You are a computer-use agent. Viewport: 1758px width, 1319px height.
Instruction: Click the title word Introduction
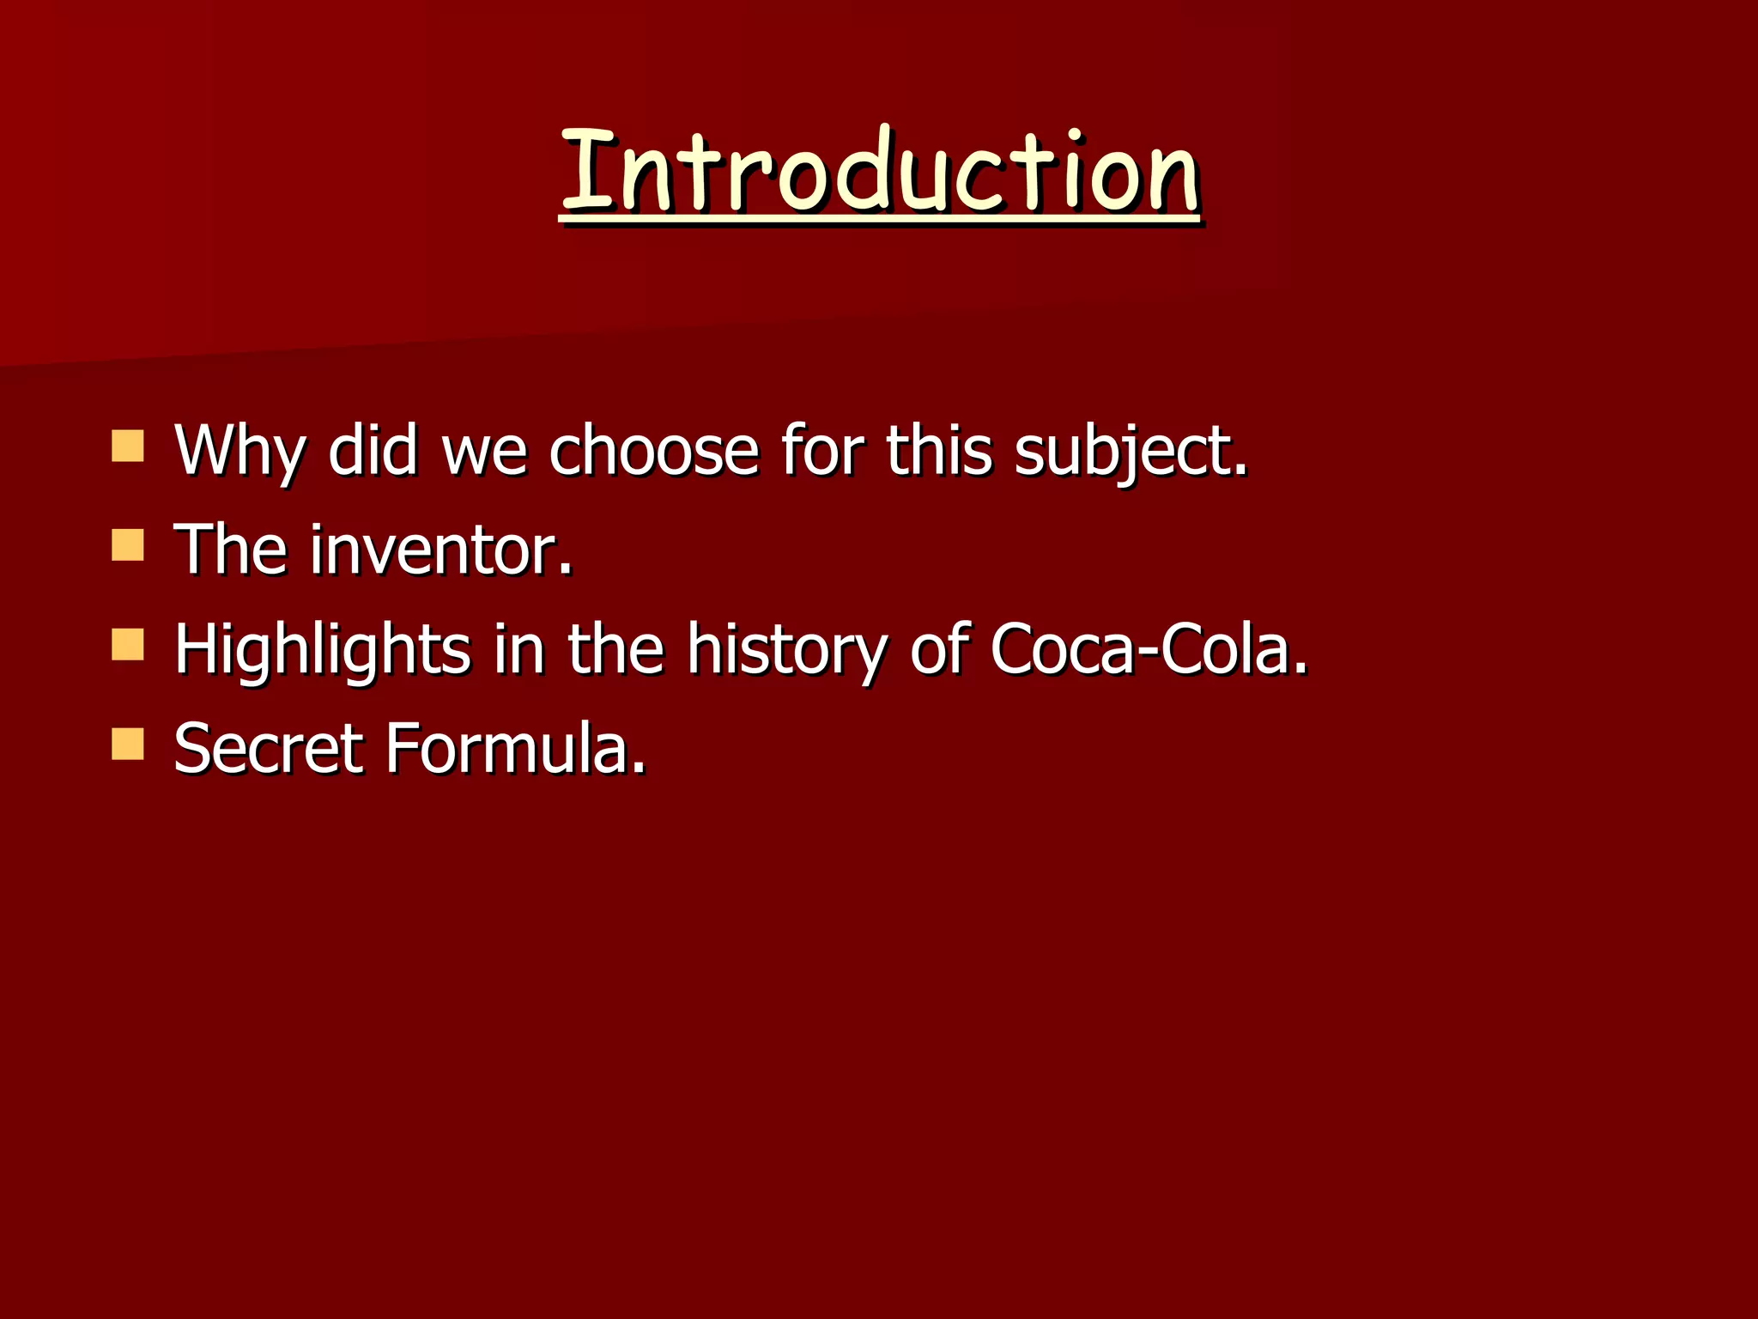[x=879, y=172]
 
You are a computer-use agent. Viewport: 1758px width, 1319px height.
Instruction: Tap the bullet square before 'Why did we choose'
[x=128, y=447]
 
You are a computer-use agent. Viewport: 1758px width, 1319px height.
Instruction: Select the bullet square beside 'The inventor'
[x=128, y=545]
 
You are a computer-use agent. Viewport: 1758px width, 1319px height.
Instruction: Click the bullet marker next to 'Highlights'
[x=128, y=645]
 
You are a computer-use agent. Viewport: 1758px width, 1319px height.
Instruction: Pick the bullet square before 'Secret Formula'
[x=128, y=745]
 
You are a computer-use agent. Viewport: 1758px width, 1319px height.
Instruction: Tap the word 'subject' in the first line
[x=1125, y=452]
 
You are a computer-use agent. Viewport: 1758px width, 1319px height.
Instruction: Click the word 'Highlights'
[x=322, y=650]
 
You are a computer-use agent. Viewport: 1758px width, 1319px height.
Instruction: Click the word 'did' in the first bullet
[x=373, y=452]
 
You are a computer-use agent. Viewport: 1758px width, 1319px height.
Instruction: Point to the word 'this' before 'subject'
[x=938, y=452]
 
